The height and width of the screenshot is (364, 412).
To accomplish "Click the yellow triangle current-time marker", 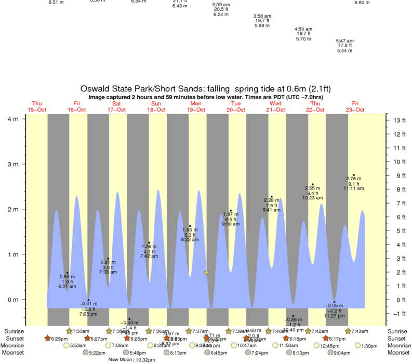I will point(206,273).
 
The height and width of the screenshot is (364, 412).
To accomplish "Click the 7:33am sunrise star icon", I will point(69,331).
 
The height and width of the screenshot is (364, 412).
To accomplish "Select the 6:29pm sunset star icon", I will point(48,339).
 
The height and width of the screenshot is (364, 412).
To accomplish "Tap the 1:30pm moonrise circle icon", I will point(358,345).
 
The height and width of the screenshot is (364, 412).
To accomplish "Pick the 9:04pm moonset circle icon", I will point(330,353).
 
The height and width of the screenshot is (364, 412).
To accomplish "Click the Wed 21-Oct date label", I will point(275,106).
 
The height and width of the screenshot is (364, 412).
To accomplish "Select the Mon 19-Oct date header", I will point(196,106).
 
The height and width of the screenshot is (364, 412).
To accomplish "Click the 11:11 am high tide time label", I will point(353,188).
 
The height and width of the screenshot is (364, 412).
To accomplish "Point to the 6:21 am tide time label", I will point(67,287).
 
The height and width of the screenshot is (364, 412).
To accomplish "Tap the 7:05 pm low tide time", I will point(88,314).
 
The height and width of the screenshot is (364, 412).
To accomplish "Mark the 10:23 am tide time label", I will point(313,198).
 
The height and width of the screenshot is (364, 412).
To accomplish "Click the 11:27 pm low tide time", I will point(334,316).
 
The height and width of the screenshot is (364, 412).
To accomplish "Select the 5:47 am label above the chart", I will point(344,41).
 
